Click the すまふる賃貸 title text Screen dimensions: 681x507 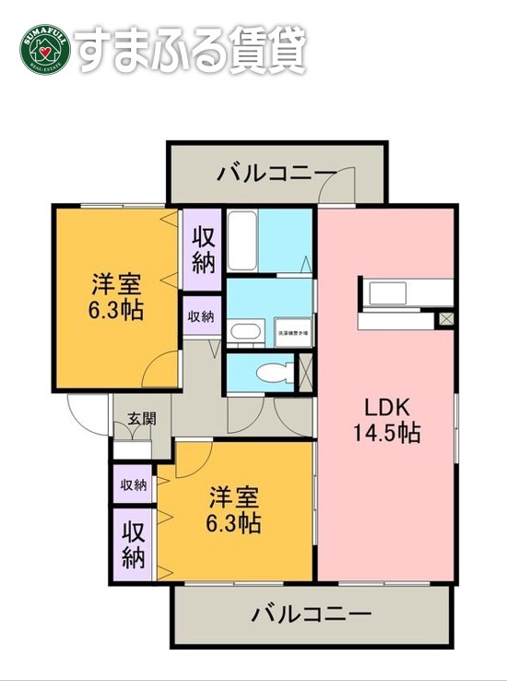190,52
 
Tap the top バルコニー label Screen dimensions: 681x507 276,173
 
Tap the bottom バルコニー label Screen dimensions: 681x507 311,614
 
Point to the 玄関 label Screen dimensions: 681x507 141,418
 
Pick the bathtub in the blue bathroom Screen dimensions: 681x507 242,241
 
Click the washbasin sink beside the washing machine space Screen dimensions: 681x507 246,332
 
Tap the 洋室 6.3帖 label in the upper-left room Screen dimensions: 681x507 116,295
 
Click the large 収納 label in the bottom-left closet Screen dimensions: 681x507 133,545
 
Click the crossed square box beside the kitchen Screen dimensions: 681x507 446,317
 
